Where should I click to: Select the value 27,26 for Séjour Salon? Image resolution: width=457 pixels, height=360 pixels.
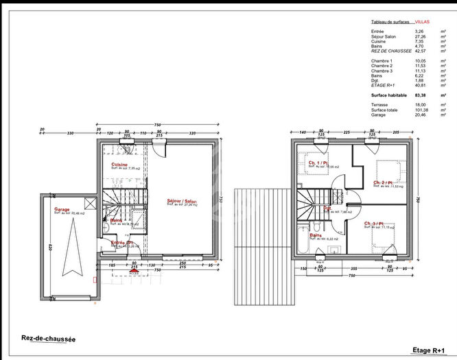pyautogui.click(x=420, y=36)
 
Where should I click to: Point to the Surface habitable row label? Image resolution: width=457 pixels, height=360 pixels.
pyautogui.click(x=389, y=94)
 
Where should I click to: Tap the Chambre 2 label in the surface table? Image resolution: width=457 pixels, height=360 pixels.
pyautogui.click(x=382, y=65)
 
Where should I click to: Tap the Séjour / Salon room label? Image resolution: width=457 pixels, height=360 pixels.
pyautogui.click(x=181, y=201)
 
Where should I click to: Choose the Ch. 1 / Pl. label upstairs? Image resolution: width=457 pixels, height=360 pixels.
pyautogui.click(x=319, y=163)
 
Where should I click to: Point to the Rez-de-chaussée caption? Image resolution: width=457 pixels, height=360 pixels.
pyautogui.click(x=49, y=339)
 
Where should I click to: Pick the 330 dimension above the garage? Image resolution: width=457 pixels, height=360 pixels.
pyautogui.click(x=69, y=134)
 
